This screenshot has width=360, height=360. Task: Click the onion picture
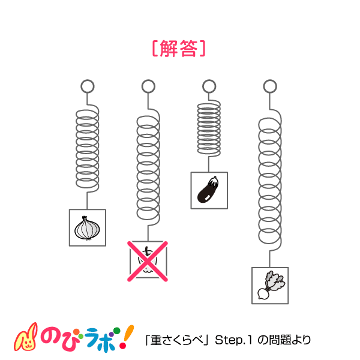pyautogui.click(x=87, y=228)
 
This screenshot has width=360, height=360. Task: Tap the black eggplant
pyautogui.click(x=208, y=190)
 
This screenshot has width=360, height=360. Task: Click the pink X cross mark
pyautogui.click(x=148, y=261)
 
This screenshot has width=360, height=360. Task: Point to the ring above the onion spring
pyautogui.click(x=88, y=86)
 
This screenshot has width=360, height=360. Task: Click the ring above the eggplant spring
pyautogui.click(x=209, y=86)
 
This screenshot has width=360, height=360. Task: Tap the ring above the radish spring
pyautogui.click(x=270, y=86)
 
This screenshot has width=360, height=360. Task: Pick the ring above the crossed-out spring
pyautogui.click(x=148, y=86)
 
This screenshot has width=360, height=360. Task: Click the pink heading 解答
pyautogui.click(x=179, y=48)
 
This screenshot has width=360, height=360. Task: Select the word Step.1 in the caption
pyautogui.click(x=233, y=340)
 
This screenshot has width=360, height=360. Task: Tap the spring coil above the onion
pyautogui.click(x=88, y=148)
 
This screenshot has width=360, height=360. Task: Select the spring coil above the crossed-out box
pyautogui.click(x=148, y=167)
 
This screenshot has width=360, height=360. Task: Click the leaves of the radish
pyautogui.click(x=275, y=281)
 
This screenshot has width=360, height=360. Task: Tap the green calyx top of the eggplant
pyautogui.click(x=213, y=181)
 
